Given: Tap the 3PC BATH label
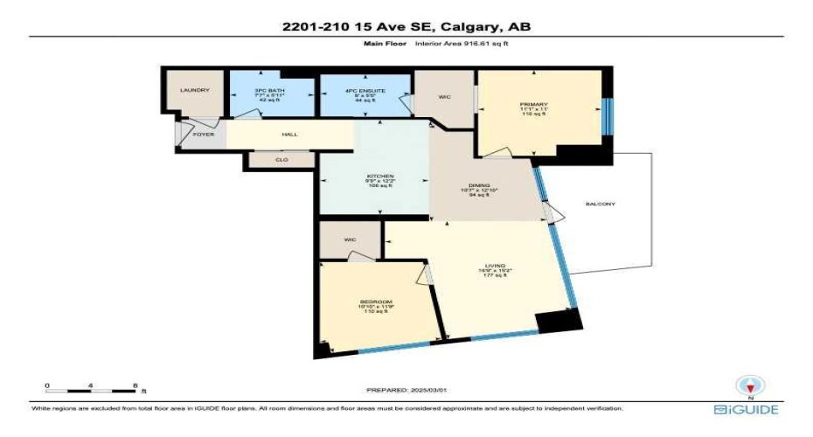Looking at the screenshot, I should [x=271, y=90].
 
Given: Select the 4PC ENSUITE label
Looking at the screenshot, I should [x=364, y=90].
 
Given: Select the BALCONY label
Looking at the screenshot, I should [x=601, y=205].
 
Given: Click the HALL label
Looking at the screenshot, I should [x=288, y=135].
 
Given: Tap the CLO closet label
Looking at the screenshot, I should [x=281, y=160].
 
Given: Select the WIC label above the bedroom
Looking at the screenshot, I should [x=350, y=238].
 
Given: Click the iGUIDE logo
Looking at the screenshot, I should [x=746, y=409].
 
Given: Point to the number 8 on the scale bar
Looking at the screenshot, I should [x=135, y=385].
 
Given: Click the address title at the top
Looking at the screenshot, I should [x=406, y=26].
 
